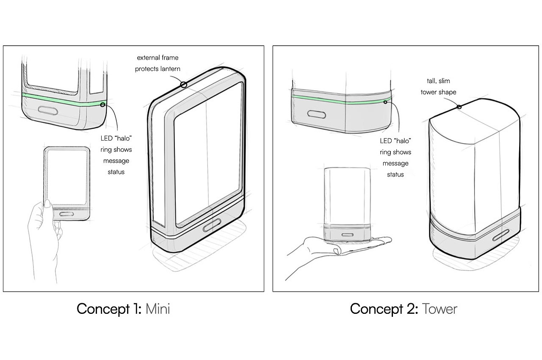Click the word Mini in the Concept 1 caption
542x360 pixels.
(158, 309)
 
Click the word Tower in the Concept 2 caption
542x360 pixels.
(439, 309)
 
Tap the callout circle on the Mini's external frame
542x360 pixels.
(183, 85)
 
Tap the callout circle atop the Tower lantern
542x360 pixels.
(459, 107)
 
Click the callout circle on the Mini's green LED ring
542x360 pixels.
(103, 104)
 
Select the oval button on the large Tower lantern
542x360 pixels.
(501, 235)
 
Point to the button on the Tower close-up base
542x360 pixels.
(317, 114)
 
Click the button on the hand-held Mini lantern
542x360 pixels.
(66, 214)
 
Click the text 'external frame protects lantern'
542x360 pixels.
(158, 63)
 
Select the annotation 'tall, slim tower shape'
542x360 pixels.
(438, 86)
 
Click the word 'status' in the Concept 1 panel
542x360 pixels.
(116, 172)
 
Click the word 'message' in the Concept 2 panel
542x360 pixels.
(395, 163)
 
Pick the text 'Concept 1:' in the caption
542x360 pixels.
(109, 309)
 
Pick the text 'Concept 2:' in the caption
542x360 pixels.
(383, 309)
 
